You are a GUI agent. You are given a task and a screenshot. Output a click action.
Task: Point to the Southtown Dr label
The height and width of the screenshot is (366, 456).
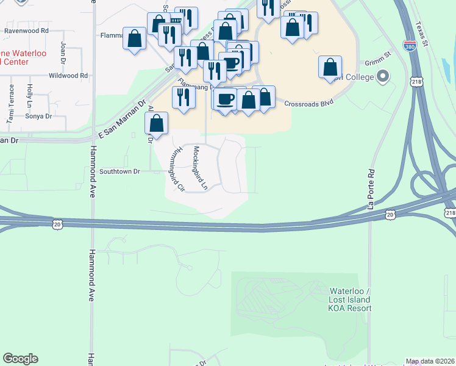click(120, 171)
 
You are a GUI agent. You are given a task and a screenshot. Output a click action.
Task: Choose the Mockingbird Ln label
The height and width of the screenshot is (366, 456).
click(201, 167)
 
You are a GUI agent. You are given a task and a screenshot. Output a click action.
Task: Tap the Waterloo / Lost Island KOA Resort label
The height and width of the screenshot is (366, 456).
click(350, 300)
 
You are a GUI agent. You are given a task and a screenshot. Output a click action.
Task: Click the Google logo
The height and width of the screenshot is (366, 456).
click(20, 359)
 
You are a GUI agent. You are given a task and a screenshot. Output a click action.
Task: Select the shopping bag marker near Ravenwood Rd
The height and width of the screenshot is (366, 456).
click(134, 38)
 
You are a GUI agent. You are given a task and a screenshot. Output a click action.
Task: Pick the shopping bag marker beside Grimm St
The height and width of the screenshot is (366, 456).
click(330, 67)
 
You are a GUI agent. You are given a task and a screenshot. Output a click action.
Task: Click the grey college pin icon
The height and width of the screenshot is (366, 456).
click(383, 76)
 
